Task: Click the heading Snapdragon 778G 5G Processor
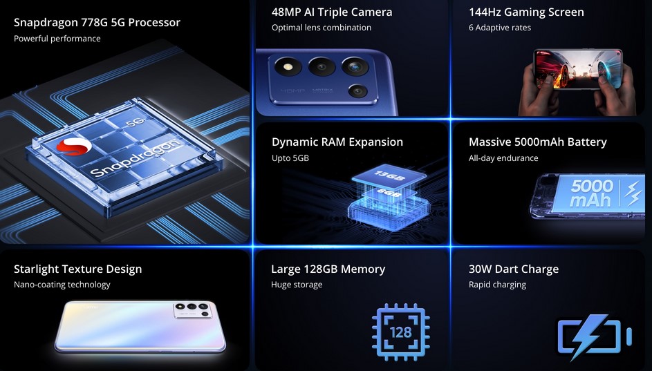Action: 97,22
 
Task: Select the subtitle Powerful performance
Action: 57,39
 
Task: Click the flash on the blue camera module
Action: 288,66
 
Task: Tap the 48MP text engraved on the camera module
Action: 292,91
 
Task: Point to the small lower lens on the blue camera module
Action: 357,91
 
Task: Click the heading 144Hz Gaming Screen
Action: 526,12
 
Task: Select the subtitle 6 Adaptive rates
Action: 499,28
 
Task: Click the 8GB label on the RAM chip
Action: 389,193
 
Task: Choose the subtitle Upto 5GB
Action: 290,158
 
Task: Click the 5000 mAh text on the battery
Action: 591,193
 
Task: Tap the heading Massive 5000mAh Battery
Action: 538,142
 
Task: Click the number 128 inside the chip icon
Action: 401,332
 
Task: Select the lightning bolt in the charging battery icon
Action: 586,336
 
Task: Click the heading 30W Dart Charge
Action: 514,269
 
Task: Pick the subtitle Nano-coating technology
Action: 62,285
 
